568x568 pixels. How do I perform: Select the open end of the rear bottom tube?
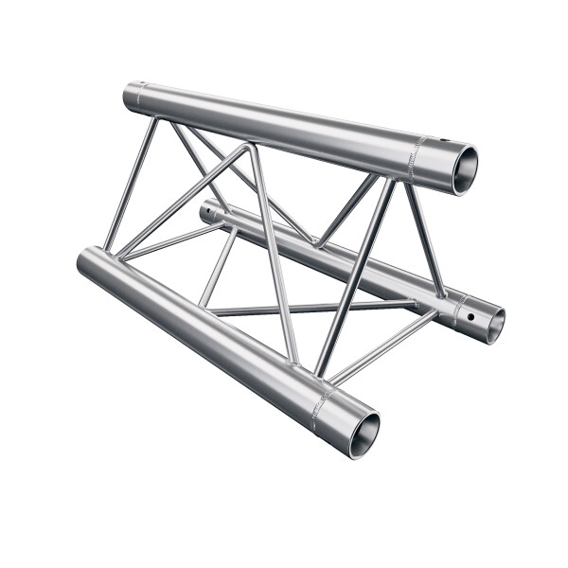point(491,323)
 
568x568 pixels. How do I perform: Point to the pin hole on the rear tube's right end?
point(465,310)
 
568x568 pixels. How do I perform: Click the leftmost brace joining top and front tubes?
point(131,185)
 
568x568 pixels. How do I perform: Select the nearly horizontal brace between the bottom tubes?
point(312,308)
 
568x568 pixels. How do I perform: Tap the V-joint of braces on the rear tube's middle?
point(317,245)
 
